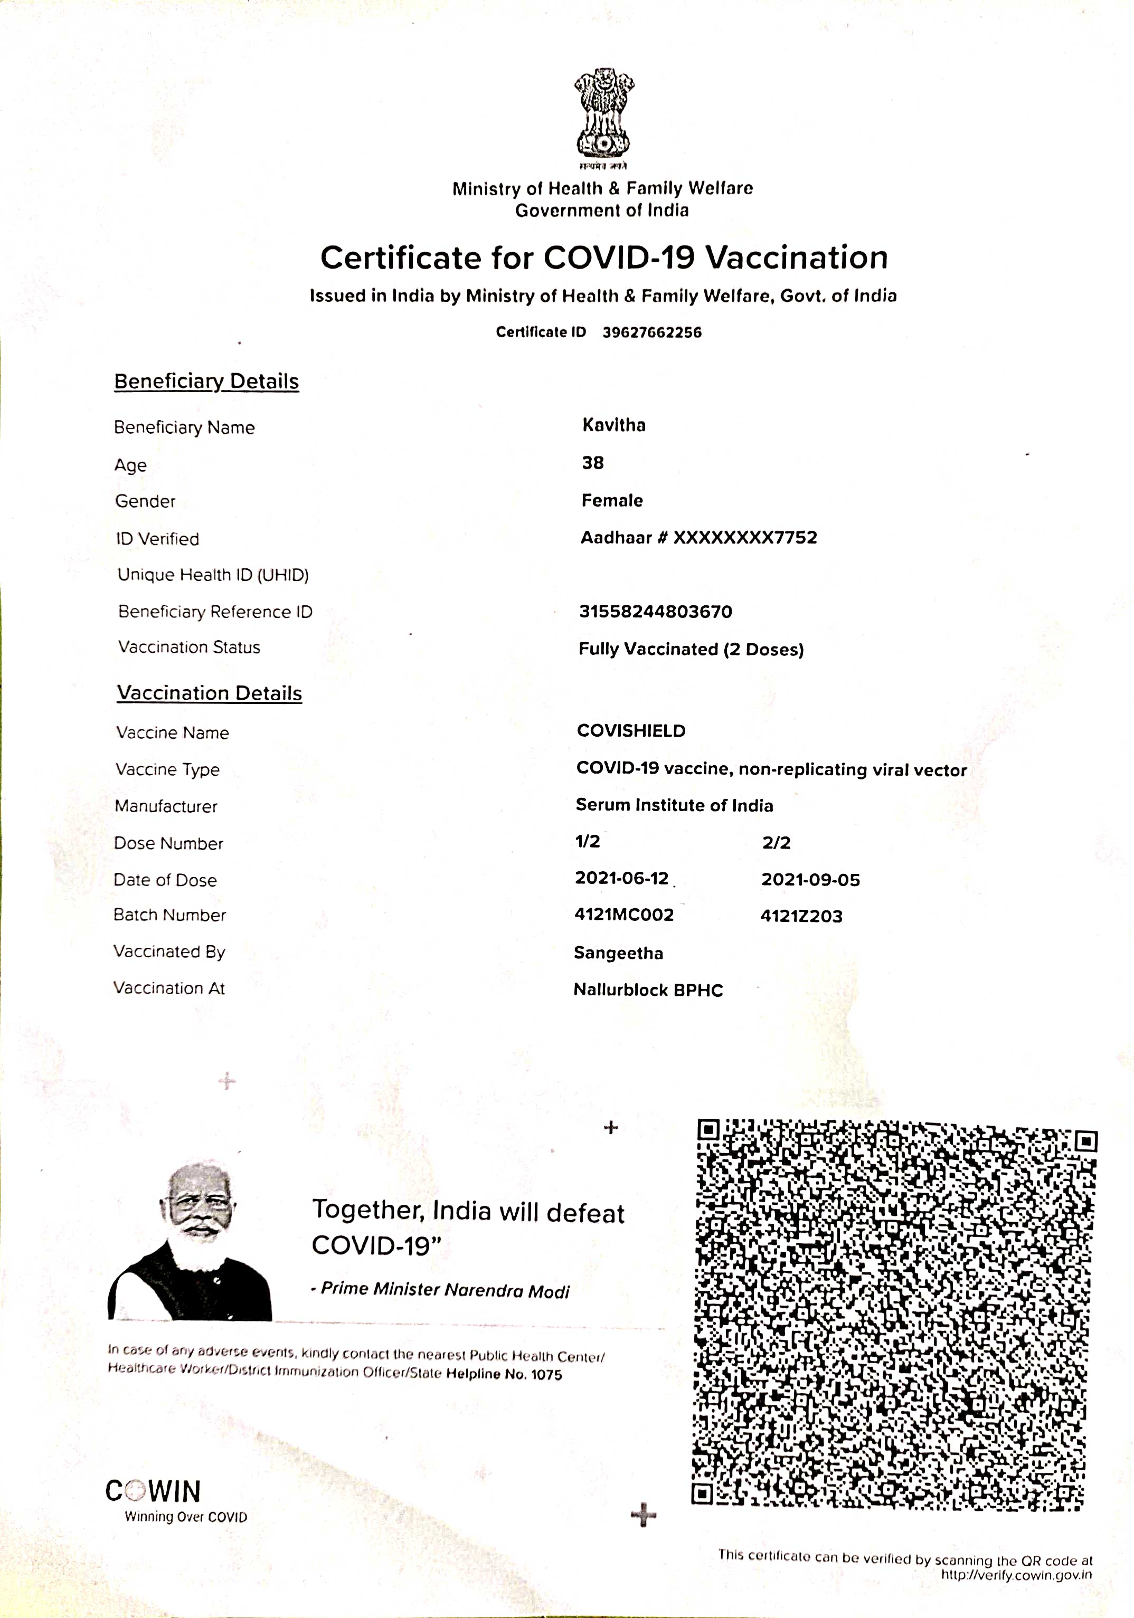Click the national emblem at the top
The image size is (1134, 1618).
point(603,116)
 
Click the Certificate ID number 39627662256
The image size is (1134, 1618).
point(652,332)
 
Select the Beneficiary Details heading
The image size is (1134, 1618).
point(206,381)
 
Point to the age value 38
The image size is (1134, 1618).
point(593,463)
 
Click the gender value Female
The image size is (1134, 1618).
point(612,500)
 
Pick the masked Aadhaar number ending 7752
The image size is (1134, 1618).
point(698,538)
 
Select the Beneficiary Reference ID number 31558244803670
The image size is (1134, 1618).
point(656,612)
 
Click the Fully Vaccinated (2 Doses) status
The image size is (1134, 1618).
point(691,649)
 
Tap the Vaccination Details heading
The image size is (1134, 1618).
point(209,693)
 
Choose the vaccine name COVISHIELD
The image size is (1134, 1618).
point(631,731)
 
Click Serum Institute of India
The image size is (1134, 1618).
point(674,805)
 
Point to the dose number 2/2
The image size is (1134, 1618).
point(776,843)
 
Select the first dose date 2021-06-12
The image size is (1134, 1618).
point(621,879)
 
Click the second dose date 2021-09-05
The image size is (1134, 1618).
point(810,880)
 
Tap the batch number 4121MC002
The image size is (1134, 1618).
point(623,915)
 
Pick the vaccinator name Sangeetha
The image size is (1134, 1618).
point(618,954)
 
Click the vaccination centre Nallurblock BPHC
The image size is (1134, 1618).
point(648,990)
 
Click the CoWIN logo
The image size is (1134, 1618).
point(154,1492)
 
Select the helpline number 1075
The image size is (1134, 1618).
point(546,1375)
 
